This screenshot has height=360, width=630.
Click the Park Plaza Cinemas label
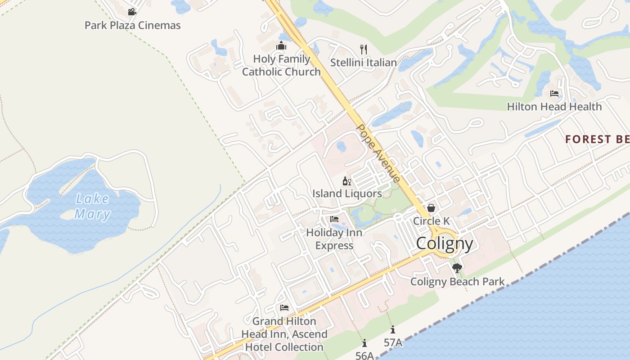(x=133, y=25)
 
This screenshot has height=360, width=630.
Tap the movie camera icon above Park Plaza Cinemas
(x=132, y=12)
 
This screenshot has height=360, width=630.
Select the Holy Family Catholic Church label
(x=282, y=65)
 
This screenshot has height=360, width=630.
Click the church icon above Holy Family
(x=282, y=46)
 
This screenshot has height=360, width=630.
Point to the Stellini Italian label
(x=364, y=63)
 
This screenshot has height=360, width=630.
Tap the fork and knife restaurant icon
(x=364, y=49)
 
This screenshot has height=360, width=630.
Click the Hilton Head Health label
(x=554, y=107)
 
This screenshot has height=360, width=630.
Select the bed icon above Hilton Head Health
(x=554, y=94)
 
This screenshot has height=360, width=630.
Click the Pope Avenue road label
(x=378, y=153)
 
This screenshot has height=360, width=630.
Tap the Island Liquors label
(x=347, y=194)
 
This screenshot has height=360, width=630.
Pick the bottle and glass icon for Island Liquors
(x=347, y=181)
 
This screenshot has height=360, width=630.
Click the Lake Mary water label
(x=92, y=206)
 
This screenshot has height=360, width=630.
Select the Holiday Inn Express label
(x=334, y=239)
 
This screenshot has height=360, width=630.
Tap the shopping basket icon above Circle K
(x=431, y=208)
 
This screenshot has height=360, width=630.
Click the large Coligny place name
(x=445, y=243)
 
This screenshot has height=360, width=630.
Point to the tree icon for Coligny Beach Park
(x=457, y=269)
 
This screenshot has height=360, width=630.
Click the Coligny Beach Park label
(x=457, y=282)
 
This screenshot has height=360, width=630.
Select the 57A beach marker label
(x=393, y=342)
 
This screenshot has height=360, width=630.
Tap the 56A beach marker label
(x=364, y=355)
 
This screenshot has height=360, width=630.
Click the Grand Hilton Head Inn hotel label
(x=284, y=334)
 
